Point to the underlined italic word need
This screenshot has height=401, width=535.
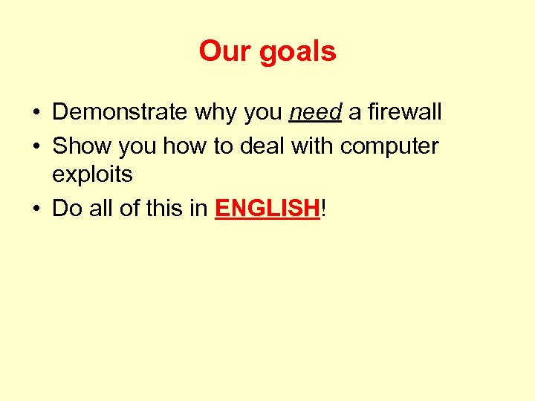[315, 112]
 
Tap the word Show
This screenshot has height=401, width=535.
[79, 146]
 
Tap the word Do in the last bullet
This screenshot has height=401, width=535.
[67, 209]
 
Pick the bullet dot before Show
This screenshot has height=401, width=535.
[36, 147]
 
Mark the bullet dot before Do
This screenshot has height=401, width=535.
[36, 209]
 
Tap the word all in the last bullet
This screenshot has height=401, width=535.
[103, 209]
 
